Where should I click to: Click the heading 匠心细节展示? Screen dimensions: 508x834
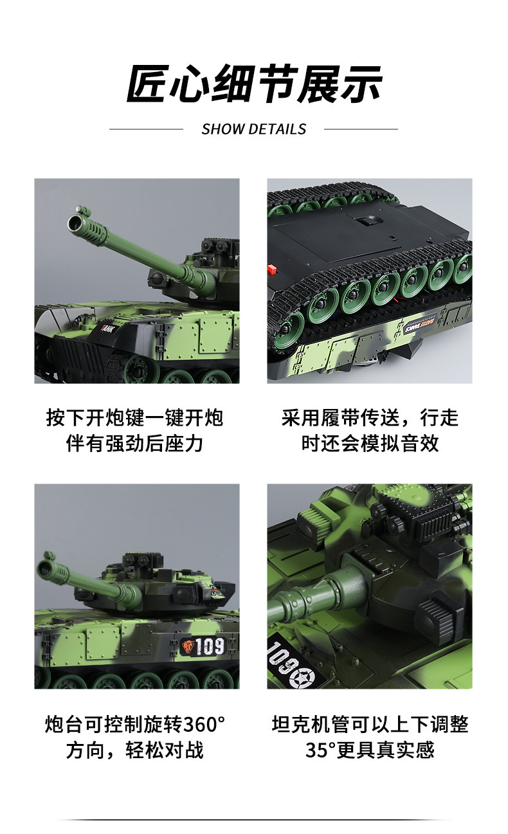(x=254, y=84)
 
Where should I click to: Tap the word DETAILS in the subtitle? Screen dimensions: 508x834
(x=278, y=129)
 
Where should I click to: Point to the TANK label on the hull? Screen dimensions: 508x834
(x=109, y=328)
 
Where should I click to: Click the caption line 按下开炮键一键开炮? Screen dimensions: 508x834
(x=135, y=417)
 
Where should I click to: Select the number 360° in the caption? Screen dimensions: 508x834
(x=204, y=724)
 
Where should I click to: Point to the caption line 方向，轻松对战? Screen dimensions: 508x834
(x=135, y=750)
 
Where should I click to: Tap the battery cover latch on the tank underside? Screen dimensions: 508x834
(x=366, y=221)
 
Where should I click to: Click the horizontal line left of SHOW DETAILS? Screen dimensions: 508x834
(x=146, y=129)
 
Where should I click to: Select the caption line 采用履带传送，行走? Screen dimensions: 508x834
(x=370, y=417)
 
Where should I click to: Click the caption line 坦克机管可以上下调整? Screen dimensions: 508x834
(x=370, y=724)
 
